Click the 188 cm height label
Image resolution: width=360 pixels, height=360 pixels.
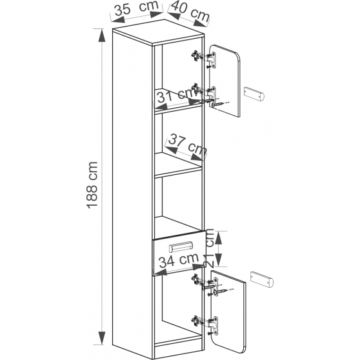tap(92, 185)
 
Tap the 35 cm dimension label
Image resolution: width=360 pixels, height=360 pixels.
tap(136, 8)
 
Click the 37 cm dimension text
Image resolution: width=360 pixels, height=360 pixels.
tap(187, 144)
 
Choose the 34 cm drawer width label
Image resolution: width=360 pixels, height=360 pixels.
tap(179, 260)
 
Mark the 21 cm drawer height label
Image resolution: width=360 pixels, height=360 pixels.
tap(210, 248)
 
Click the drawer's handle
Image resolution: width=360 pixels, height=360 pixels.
tap(181, 247)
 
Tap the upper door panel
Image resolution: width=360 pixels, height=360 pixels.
tap(225, 81)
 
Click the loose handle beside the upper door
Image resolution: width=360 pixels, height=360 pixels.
tap(254, 94)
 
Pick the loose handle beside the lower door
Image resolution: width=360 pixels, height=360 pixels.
tap(262, 279)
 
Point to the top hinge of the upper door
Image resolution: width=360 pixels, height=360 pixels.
tap(204, 59)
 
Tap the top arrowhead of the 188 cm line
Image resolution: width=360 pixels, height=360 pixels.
tap(102, 35)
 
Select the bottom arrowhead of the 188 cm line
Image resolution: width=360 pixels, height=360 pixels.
tap(102, 338)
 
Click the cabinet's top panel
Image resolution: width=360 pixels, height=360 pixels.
tap(159, 32)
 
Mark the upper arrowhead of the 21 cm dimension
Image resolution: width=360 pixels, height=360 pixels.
tap(219, 238)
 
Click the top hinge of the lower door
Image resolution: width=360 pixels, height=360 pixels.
tap(205, 283)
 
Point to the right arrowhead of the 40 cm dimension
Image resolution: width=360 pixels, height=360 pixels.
tap(201, 23)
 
